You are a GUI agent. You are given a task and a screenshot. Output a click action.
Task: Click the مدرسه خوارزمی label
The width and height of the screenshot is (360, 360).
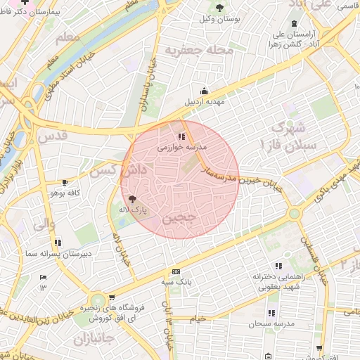click(x=179, y=148)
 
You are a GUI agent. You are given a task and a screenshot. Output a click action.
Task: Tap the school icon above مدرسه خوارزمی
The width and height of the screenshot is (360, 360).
click(x=181, y=136)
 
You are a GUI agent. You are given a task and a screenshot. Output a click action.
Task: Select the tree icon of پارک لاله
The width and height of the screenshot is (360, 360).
click(x=132, y=200)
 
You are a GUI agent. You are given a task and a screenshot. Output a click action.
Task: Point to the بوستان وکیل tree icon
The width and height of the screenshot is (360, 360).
click(x=221, y=7)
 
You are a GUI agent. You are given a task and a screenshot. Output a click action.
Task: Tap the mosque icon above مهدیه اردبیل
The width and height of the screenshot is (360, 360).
click(x=204, y=90)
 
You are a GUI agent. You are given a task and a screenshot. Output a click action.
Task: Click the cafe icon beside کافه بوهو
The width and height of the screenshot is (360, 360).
click(x=65, y=182)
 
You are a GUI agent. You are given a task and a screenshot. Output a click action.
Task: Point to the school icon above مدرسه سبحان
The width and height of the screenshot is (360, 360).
click(x=271, y=314)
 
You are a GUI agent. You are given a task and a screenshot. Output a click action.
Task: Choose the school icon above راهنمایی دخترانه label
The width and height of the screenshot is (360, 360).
click(x=278, y=266)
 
